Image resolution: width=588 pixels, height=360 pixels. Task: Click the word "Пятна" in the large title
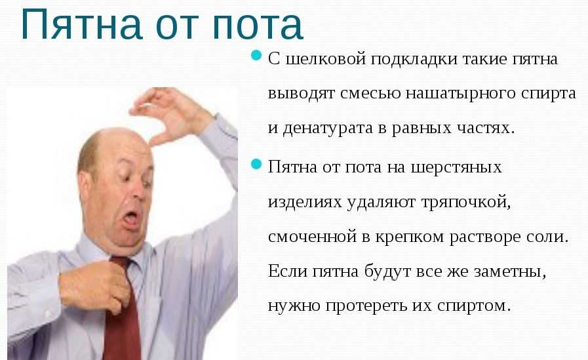click(x=81, y=25)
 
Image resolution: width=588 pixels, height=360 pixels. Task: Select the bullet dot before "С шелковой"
click(x=256, y=56)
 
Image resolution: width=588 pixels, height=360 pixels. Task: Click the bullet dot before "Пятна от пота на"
click(x=256, y=164)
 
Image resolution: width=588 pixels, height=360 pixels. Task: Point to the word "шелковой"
click(x=326, y=59)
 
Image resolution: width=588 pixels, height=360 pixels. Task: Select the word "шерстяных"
click(x=456, y=168)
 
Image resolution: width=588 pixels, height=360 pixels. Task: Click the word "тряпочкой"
click(x=466, y=203)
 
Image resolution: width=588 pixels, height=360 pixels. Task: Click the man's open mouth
click(x=131, y=220)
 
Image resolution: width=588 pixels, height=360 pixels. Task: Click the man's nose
click(x=140, y=190)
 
